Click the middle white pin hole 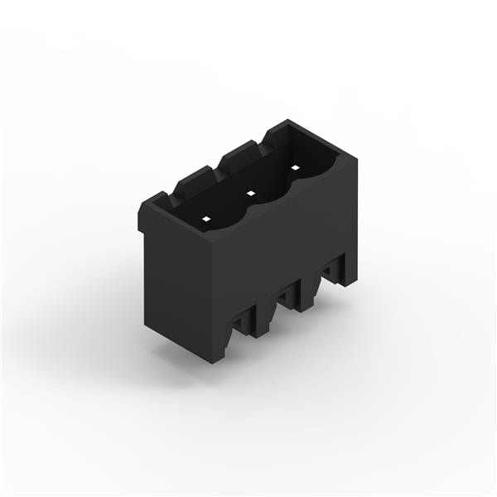(250, 193)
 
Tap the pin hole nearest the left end (206, 220)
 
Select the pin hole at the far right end (294, 168)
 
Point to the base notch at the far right (334, 269)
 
